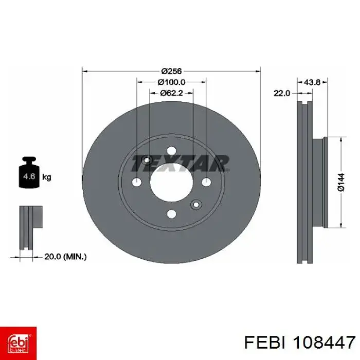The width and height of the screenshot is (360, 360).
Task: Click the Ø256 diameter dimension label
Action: (x=171, y=71)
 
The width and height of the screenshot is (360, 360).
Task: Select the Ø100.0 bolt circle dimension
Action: (x=171, y=82)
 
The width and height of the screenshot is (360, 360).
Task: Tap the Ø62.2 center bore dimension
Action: (x=171, y=93)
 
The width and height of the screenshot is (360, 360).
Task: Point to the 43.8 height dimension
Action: (x=312, y=82)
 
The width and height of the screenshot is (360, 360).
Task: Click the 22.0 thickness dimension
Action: (x=282, y=93)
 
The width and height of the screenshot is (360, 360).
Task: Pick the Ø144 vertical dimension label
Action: (x=341, y=182)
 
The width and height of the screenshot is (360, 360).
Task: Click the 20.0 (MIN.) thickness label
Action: (x=65, y=257)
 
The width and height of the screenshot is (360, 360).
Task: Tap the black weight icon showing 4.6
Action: (x=29, y=172)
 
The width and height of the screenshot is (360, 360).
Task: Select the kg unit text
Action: (x=47, y=177)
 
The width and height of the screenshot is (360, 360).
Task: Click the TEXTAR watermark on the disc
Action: (x=180, y=163)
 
